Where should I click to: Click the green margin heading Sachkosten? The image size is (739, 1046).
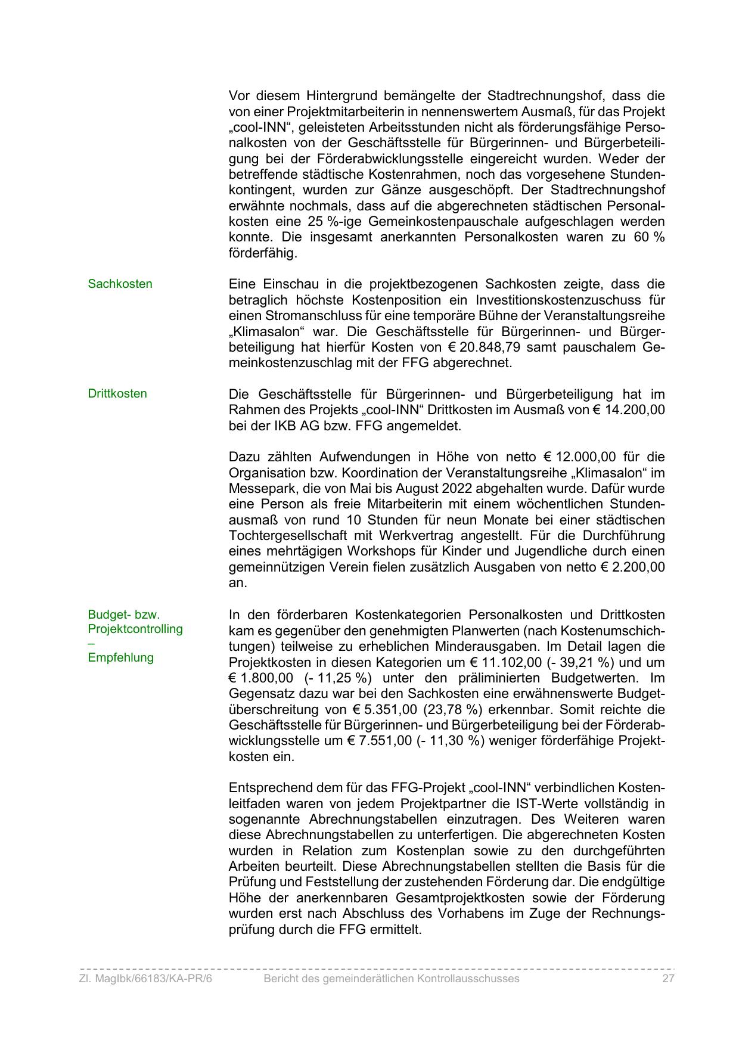[120, 284]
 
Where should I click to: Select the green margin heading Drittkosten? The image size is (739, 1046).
[117, 393]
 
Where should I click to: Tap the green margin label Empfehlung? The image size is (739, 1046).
[120, 657]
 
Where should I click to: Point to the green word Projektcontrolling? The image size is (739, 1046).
[135, 629]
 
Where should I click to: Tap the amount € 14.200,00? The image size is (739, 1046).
[627, 409]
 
